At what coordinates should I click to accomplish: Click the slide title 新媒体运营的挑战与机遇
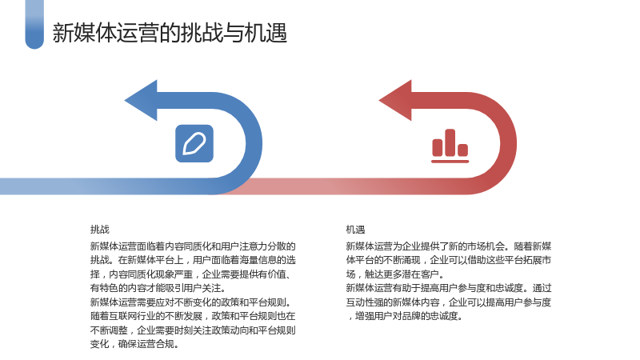click(x=170, y=33)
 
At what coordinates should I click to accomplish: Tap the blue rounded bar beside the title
click(x=34, y=24)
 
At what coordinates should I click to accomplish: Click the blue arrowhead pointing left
click(x=141, y=101)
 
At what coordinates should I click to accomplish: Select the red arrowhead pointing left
click(x=395, y=101)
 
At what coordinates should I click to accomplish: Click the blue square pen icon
click(x=194, y=144)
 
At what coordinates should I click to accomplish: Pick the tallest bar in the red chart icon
click(x=450, y=142)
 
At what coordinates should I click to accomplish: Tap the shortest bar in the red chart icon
click(x=463, y=150)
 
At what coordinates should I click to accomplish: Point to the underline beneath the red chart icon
click(x=450, y=162)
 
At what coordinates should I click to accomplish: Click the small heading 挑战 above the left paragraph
click(x=100, y=230)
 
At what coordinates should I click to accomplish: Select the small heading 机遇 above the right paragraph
click(x=355, y=230)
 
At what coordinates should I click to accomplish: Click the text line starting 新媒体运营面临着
click(x=193, y=246)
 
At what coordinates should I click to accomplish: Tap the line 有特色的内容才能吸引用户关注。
click(x=158, y=288)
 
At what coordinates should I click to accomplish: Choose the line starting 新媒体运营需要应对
click(x=191, y=302)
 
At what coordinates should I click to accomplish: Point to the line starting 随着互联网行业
click(x=193, y=316)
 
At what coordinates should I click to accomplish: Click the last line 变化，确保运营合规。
click(x=134, y=344)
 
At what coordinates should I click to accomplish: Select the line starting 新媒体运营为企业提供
click(x=449, y=246)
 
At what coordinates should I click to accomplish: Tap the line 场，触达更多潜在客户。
click(x=395, y=274)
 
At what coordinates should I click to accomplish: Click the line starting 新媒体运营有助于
click(x=449, y=288)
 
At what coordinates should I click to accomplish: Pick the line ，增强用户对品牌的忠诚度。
click(x=405, y=316)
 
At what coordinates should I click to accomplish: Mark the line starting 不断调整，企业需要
click(x=193, y=330)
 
